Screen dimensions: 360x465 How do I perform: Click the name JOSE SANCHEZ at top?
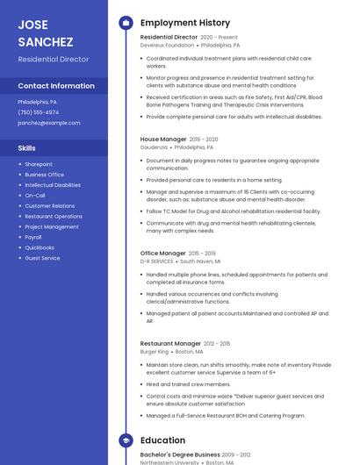click(45, 32)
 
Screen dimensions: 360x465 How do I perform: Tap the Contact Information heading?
click(56, 86)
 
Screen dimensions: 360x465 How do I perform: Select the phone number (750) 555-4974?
click(39, 112)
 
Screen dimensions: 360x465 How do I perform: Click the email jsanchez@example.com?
click(49, 123)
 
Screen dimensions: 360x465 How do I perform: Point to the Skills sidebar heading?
click(27, 148)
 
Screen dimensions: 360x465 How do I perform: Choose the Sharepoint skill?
click(39, 164)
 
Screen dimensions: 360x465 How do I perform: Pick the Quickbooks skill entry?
click(40, 247)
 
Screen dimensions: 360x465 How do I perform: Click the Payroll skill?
click(33, 237)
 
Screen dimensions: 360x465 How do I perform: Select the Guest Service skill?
click(42, 258)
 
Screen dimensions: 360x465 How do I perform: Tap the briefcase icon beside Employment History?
click(126, 23)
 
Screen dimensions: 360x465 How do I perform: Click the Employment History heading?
click(185, 23)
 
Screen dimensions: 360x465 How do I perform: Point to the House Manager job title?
click(163, 139)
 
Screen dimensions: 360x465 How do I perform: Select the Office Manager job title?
click(163, 253)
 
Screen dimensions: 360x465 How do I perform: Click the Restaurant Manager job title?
click(170, 343)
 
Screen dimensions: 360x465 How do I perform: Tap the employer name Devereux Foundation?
click(167, 45)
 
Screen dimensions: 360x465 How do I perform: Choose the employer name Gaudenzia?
click(154, 147)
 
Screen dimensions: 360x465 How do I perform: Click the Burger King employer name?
click(155, 352)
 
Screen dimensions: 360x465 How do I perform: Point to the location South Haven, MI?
click(200, 261)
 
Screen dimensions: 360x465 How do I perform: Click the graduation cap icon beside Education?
click(126, 440)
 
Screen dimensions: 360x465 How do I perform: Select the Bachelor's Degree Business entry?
click(180, 454)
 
